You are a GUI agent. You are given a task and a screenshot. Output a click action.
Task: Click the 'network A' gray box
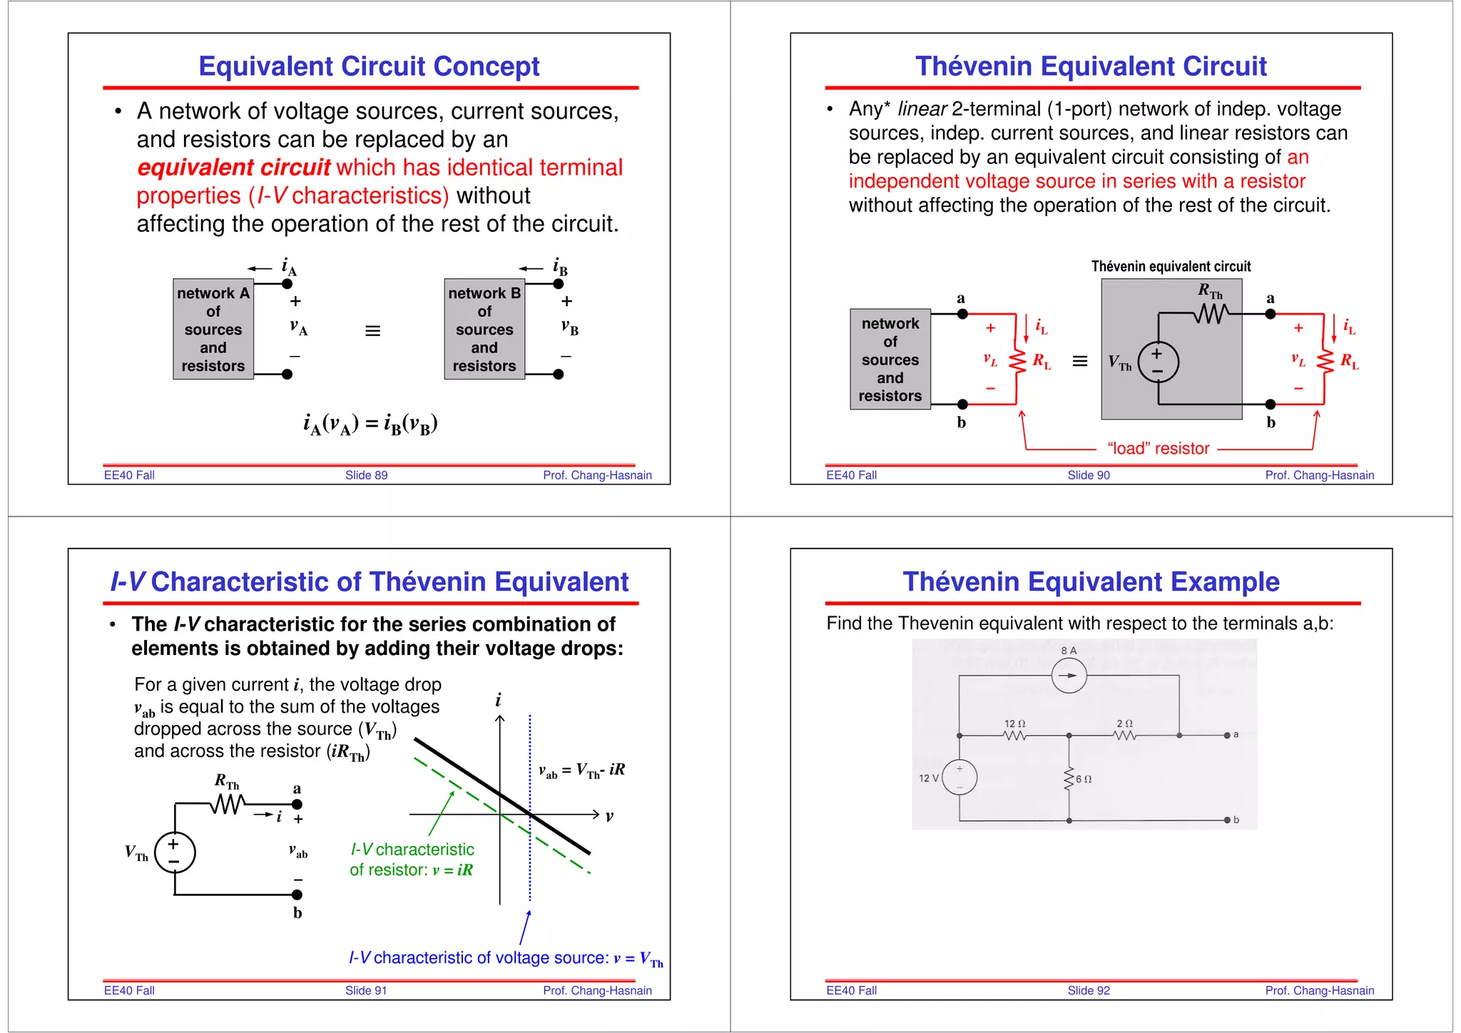pyautogui.click(x=213, y=329)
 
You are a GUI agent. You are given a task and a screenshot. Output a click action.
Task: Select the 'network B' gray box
pyautogui.click(x=484, y=329)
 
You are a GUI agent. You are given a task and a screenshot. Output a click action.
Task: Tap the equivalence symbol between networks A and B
pyautogui.click(x=372, y=331)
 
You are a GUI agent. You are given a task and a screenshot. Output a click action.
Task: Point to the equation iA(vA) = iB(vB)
pyautogui.click(x=370, y=424)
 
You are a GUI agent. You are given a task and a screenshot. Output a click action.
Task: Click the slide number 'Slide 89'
pyautogui.click(x=366, y=475)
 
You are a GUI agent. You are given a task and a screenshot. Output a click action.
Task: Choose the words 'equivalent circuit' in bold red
pyautogui.click(x=233, y=168)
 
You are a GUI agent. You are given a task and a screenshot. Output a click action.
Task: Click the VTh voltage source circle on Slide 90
pyautogui.click(x=1158, y=362)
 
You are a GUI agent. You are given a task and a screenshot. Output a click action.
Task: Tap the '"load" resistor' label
pyautogui.click(x=1158, y=449)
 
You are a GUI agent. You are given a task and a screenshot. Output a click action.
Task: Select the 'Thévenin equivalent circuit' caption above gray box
pyautogui.click(x=1171, y=267)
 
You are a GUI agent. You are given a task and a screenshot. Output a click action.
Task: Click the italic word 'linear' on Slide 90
pyautogui.click(x=922, y=109)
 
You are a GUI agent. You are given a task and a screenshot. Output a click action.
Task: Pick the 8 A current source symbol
pyautogui.click(x=1069, y=676)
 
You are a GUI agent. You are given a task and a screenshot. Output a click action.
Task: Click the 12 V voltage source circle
pyautogui.click(x=959, y=778)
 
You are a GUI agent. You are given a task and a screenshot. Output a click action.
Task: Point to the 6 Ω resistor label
pyautogui.click(x=1084, y=779)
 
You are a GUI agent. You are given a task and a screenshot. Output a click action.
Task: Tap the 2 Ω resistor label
pyautogui.click(x=1124, y=723)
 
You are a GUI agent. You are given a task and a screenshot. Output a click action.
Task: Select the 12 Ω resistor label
pyautogui.click(x=1014, y=723)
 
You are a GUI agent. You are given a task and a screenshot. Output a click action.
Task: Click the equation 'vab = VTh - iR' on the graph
pyautogui.click(x=581, y=770)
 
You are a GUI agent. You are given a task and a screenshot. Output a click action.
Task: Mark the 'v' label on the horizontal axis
pyautogui.click(x=609, y=816)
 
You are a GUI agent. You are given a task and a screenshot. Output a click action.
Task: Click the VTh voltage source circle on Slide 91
pyautogui.click(x=175, y=853)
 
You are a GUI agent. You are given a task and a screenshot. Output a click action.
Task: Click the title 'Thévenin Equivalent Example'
pyautogui.click(x=1091, y=582)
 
